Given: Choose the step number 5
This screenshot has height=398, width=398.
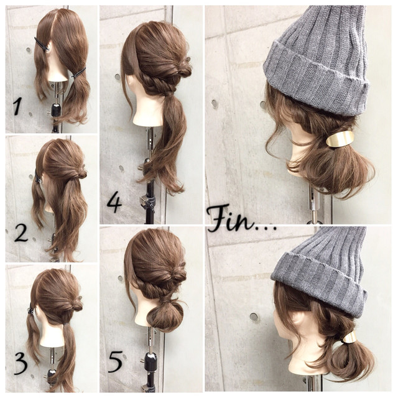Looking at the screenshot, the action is tap(115, 361).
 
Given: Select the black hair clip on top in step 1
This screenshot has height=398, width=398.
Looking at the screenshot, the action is tap(42, 44).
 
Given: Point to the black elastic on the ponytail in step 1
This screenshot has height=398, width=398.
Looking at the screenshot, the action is tap(78, 72).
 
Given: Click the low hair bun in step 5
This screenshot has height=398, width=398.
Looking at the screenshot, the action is tap(164, 313).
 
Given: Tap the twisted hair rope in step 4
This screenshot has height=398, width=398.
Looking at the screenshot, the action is tap(158, 85).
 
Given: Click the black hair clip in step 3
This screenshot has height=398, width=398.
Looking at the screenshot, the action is tap(31, 308).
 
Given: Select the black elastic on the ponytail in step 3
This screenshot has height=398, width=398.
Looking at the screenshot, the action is tap(67, 324).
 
